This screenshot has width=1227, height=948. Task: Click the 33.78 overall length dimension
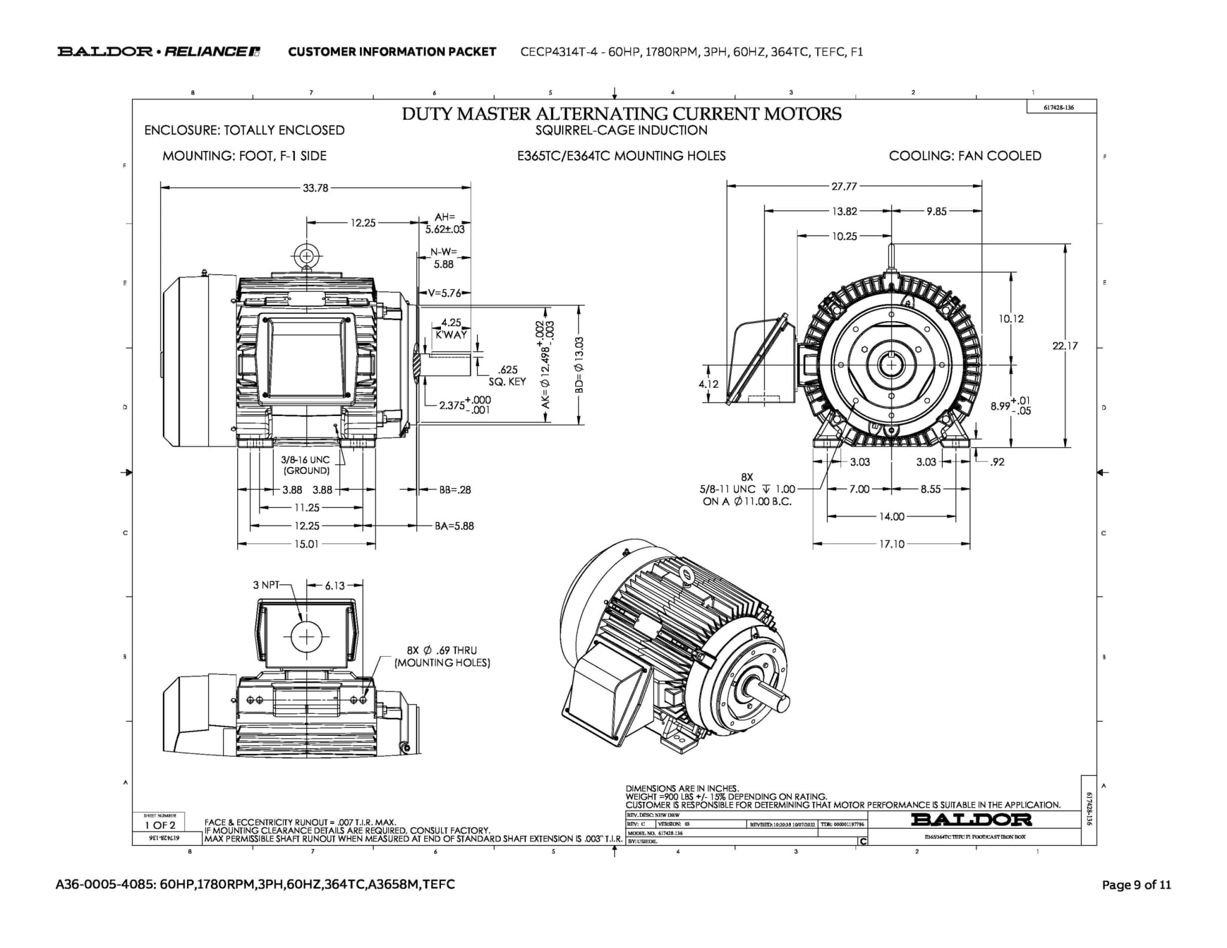(315, 188)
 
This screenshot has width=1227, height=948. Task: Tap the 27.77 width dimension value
(844, 186)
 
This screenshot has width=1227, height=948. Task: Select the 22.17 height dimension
(1065, 346)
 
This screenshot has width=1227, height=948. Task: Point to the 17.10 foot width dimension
(891, 544)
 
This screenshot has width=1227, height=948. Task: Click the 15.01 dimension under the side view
(306, 544)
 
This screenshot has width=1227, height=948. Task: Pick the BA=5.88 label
(454, 526)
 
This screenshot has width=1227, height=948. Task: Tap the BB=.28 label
(455, 490)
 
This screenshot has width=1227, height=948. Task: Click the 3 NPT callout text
(266, 585)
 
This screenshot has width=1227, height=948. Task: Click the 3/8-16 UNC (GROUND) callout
(306, 465)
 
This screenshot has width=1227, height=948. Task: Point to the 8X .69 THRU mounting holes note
(442, 657)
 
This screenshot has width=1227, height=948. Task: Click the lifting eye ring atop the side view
(307, 256)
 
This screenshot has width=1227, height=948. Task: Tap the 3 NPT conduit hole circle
(306, 636)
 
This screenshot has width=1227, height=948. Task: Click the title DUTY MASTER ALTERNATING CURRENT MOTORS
(621, 114)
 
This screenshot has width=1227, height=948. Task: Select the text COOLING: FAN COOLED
(965, 156)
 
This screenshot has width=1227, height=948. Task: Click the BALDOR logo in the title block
(971, 819)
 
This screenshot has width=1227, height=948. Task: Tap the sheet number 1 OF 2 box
(159, 825)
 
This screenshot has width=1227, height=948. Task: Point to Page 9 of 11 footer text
(1136, 885)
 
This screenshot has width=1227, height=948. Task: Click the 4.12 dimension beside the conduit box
(708, 384)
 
